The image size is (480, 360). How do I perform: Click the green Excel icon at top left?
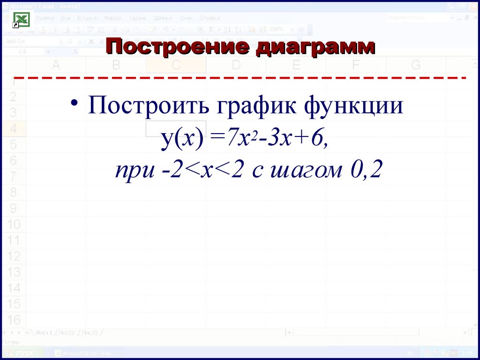[22, 20]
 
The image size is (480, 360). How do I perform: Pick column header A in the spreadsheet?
[56, 65]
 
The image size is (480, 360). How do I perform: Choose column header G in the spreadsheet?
[415, 65]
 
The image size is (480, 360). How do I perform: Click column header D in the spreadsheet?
[236, 65]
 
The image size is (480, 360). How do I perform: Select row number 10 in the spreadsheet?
[14, 224]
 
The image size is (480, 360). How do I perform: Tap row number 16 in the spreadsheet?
[14, 320]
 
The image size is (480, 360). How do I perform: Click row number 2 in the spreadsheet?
[13, 97]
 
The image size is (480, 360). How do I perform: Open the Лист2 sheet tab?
[67, 332]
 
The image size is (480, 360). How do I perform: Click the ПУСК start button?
[23, 353]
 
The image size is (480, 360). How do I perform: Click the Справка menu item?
[210, 18]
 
